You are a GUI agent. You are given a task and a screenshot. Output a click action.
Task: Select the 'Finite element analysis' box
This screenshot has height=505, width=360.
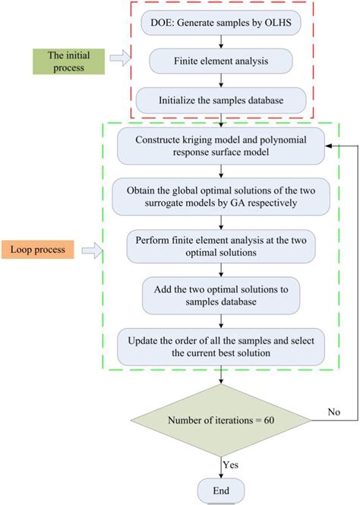coord(220,58)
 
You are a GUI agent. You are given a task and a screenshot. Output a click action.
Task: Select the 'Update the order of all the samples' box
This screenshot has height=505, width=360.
coord(220,346)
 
